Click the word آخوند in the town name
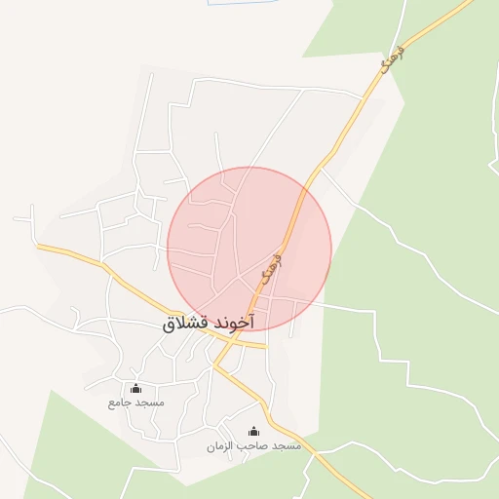point(234,322)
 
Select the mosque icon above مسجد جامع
point(135,389)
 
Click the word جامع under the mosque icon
point(120,403)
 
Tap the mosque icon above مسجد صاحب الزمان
point(254,432)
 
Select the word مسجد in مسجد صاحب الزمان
point(287,446)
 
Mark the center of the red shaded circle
point(249,249)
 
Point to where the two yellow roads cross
point(231,343)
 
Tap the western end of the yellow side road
point(40,247)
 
